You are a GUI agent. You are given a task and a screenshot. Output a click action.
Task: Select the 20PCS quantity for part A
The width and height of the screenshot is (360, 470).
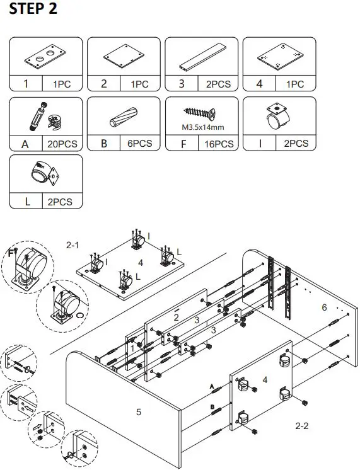point(62,144)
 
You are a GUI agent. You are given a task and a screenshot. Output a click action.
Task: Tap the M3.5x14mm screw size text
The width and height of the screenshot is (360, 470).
point(202,128)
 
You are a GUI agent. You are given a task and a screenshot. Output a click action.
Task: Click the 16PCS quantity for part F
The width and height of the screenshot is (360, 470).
point(219,144)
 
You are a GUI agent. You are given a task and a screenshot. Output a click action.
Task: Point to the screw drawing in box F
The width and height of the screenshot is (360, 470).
point(201,113)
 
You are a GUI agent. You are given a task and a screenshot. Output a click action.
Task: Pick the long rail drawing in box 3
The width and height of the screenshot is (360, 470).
point(201,59)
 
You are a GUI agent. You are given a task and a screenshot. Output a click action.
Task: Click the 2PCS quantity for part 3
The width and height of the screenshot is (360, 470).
point(219,84)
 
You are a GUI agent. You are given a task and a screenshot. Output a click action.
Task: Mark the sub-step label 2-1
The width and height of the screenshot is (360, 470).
point(74,243)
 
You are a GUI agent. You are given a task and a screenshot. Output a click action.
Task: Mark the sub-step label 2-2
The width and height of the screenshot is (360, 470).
point(302,426)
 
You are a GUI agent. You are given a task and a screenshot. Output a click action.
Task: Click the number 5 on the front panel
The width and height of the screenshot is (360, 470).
point(139,412)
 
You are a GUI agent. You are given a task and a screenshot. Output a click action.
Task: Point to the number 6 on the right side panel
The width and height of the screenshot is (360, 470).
point(324,307)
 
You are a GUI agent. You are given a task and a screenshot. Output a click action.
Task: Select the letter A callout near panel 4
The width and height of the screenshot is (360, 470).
point(212,385)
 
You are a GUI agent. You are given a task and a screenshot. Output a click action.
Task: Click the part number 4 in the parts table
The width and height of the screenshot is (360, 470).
point(259,84)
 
